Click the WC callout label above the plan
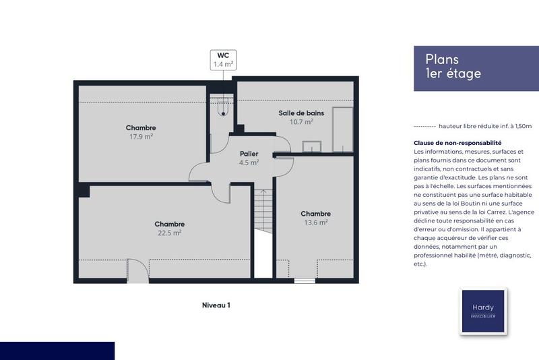[223, 60]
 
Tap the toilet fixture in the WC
[222, 108]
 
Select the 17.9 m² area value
[141, 136]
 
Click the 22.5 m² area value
[169, 233]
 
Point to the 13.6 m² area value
[315, 222]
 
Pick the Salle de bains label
[301, 113]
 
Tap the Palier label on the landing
[249, 154]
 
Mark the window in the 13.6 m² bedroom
[305, 280]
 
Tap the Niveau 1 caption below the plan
[216, 305]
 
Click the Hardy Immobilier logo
[482, 311]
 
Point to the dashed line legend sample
[424, 126]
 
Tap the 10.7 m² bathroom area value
[301, 122]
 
